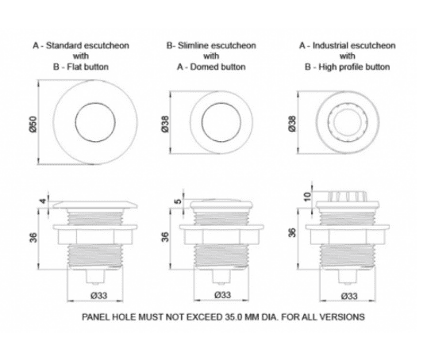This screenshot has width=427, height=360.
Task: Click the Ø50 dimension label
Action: coord(33,124)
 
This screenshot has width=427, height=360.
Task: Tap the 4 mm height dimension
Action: coord(43,201)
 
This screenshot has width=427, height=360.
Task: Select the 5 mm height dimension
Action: coord(178,201)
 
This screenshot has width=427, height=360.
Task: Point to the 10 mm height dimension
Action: coord(307,196)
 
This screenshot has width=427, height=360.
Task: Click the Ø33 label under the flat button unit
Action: coord(99,295)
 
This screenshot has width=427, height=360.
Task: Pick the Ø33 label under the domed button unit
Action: coord(223,295)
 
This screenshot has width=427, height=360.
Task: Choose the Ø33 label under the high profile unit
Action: coord(349,296)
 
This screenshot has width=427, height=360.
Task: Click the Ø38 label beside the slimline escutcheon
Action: coord(165,124)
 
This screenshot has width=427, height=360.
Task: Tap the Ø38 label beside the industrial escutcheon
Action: coord(292,124)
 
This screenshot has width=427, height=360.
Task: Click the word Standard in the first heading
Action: coord(63,45)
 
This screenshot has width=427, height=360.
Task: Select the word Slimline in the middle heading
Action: coord(194,45)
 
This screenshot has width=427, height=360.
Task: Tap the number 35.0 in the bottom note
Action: coord(233,317)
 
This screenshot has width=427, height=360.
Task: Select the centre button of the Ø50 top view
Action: coord(95,122)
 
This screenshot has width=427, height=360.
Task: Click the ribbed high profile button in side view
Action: coord(347,197)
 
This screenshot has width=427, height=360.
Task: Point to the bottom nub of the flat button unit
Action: coord(94,277)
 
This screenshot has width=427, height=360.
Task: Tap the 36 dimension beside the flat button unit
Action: coord(33,237)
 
